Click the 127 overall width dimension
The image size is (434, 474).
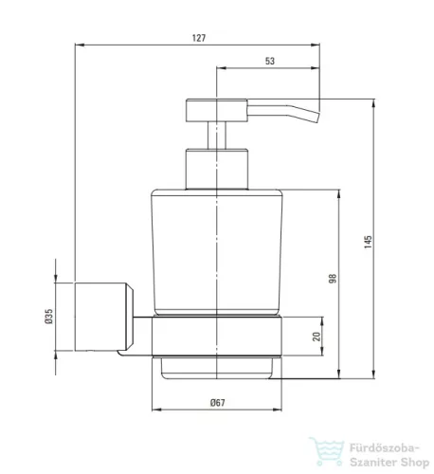199,38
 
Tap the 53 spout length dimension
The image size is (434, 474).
270,61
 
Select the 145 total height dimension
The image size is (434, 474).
368,242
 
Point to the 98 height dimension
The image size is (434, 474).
333,279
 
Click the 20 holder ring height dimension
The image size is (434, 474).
316,337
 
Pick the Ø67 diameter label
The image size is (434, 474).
218,403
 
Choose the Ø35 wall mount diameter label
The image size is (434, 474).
49,317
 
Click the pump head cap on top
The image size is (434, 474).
217,110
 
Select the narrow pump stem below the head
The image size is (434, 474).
217,136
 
